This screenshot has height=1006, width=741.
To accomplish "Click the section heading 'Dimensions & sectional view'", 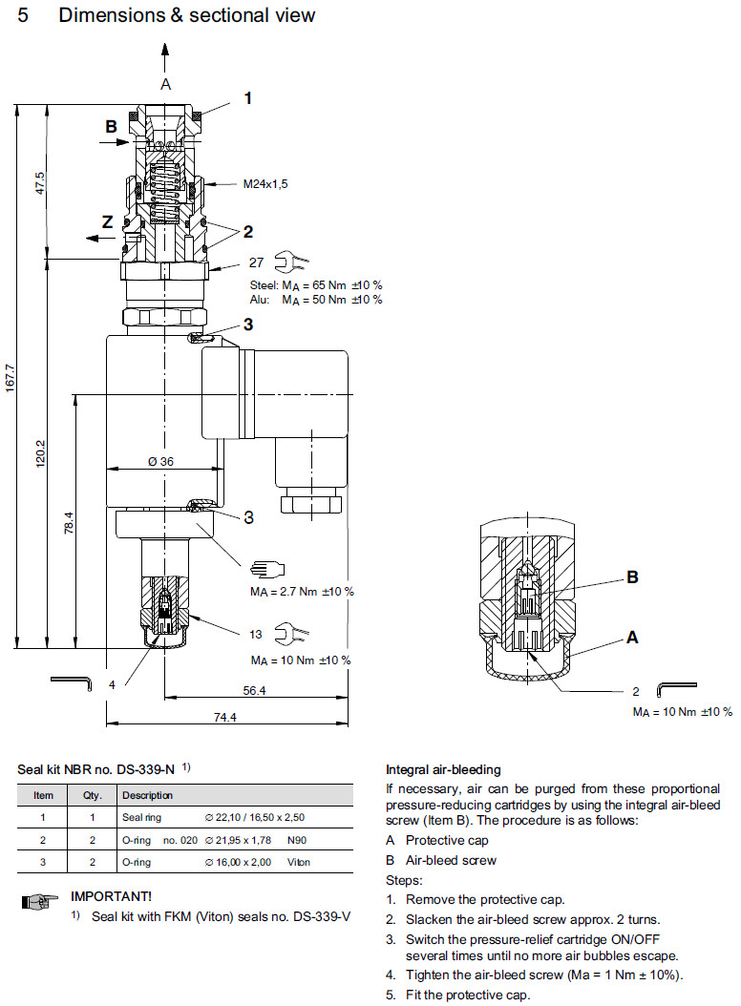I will (186, 16).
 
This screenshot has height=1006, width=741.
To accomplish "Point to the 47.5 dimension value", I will (40, 181).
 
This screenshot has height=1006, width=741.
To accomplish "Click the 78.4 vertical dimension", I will (69, 523).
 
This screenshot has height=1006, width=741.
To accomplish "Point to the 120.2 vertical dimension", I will (40, 453).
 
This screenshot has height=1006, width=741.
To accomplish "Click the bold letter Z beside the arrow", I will (108, 221).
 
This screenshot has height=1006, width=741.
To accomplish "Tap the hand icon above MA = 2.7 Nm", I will (264, 570).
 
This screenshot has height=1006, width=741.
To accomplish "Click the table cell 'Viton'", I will (299, 863).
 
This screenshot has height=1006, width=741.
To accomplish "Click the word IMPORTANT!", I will (111, 896).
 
